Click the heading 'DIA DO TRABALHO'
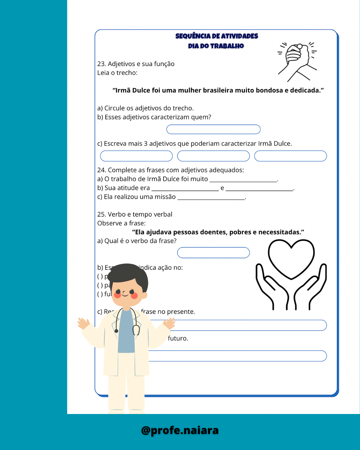[216, 46]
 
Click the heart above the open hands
[291, 258]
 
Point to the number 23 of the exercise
[101, 64]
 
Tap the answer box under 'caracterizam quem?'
[213, 129]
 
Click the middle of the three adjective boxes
[213, 156]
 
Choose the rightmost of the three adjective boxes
[290, 156]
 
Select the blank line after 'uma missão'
[211, 198]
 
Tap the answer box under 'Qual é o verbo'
[213, 253]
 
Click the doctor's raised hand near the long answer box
[169, 323]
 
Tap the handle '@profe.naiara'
[180, 430]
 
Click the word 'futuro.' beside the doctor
[178, 339]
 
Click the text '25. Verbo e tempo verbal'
[135, 214]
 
